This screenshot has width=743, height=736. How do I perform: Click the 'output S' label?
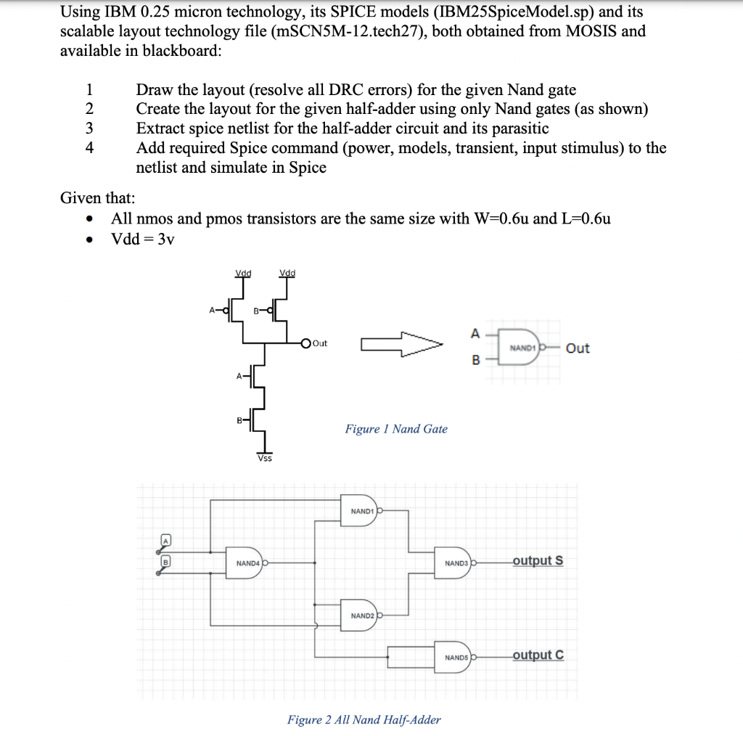click(538, 560)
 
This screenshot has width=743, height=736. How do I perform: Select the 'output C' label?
click(538, 655)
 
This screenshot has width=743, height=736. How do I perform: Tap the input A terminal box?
click(165, 541)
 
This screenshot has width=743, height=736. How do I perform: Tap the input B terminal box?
click(165, 561)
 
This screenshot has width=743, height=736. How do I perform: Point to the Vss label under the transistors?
click(265, 458)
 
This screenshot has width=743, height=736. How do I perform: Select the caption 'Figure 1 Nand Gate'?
click(396, 429)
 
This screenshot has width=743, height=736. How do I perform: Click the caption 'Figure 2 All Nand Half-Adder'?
click(364, 719)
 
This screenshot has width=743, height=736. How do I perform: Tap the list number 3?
click(89, 128)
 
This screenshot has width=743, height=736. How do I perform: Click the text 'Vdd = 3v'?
click(143, 239)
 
